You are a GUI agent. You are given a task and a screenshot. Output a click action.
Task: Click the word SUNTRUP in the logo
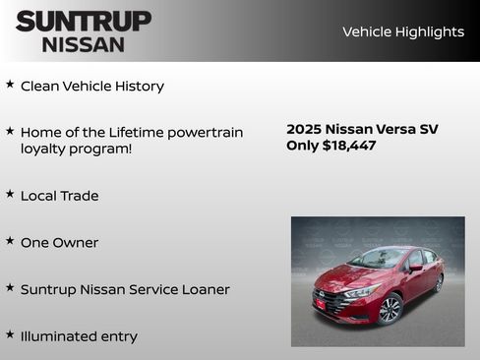coord(84,21)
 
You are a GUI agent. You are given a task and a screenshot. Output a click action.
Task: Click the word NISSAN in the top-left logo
coord(84,44)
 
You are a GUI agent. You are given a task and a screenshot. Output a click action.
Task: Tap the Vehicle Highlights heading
coord(402,31)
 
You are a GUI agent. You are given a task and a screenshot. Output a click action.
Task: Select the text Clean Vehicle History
coord(92,86)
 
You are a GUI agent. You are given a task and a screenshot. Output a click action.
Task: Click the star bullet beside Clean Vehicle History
coord(10,85)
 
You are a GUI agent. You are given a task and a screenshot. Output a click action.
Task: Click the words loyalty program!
coord(76,149)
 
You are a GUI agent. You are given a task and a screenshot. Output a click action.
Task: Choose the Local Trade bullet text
coord(59,196)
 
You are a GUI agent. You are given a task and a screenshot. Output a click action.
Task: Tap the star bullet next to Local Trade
coord(10,195)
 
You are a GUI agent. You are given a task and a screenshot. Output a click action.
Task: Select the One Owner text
coord(59,243)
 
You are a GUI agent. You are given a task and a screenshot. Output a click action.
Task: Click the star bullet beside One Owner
coord(10,241)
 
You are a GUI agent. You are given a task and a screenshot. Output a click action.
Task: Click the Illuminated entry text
coord(79,336)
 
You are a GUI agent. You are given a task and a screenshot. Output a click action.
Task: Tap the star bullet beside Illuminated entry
coord(10,334)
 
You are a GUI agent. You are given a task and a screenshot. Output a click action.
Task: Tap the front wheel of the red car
coord(390,310)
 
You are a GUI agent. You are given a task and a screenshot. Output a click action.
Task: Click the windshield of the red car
coord(378,260)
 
